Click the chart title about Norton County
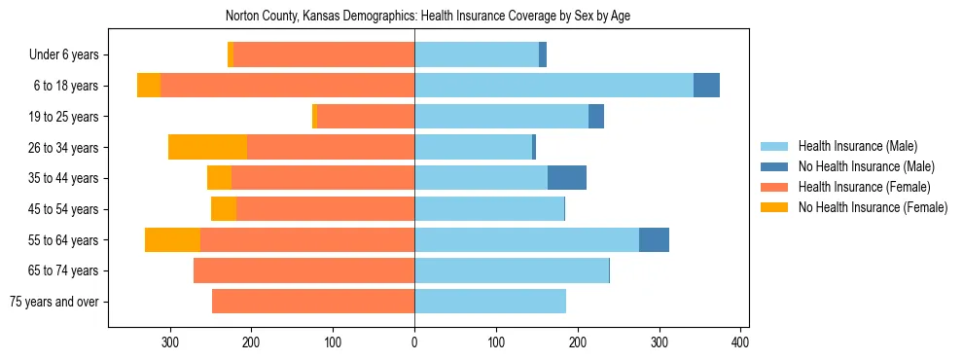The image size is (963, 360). coord(428,17)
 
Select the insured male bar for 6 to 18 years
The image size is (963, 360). coord(553,86)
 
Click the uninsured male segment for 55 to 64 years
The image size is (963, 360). coord(654,239)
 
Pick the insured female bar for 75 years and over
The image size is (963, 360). coord(313,302)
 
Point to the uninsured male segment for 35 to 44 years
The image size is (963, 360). coord(567,178)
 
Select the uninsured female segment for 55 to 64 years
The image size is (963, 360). coord(172,239)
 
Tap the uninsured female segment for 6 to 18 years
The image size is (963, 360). coord(149,86)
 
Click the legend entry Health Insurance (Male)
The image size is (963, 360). coord(858,146)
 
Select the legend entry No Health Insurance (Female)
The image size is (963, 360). coord(872,207)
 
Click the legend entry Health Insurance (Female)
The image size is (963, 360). coord(864,187)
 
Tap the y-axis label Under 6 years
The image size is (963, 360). coord(63,55)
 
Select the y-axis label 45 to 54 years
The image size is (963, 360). coord(63,209)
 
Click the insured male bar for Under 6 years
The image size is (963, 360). coord(477,54)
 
